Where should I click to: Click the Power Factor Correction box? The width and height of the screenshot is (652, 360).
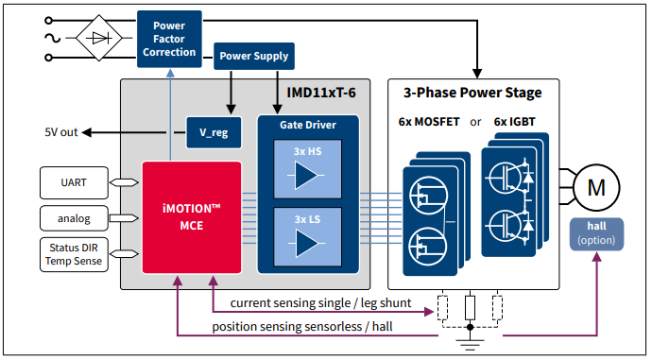[x=170, y=38]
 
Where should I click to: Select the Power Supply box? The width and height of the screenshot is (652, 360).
[x=254, y=56]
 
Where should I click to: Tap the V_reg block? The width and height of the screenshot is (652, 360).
[x=213, y=132]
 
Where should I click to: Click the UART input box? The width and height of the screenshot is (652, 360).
[x=74, y=180]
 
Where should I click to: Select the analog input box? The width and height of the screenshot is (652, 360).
[x=74, y=218]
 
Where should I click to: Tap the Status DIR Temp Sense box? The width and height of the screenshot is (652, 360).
[x=74, y=255]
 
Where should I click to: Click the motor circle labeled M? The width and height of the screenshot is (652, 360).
[x=596, y=186]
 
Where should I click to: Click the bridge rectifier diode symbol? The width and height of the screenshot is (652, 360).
[x=97, y=39]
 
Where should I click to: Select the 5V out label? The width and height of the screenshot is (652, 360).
[x=60, y=132]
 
